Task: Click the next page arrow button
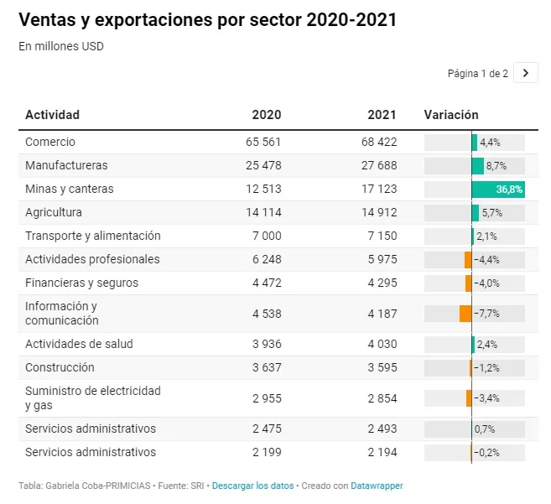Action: (525, 73)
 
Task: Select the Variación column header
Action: (451, 115)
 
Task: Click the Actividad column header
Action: (52, 115)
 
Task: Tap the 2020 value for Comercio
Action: (263, 142)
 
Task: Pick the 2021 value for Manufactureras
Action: (379, 165)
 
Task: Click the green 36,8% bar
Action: (498, 189)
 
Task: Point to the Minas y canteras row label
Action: (70, 189)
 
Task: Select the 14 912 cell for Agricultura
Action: (379, 213)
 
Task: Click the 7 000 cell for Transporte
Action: (267, 236)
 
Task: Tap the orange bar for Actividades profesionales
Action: (468, 260)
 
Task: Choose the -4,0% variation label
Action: (486, 283)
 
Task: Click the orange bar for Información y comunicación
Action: (465, 314)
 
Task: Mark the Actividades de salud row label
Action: (79, 344)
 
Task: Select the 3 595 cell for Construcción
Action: (382, 367)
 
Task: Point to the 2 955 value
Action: (267, 398)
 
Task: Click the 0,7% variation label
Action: (485, 429)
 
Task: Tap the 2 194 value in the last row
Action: (382, 452)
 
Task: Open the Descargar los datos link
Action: (252, 486)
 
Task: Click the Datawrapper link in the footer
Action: (377, 486)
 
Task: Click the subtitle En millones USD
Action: (61, 46)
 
